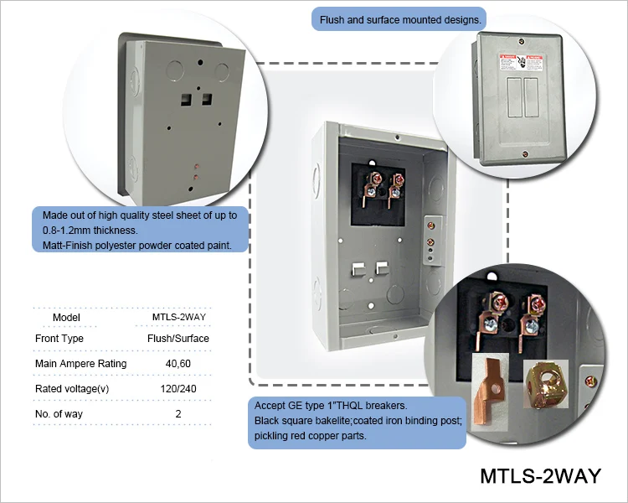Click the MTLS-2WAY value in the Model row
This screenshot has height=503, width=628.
point(178,317)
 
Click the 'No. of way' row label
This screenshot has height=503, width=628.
point(63,413)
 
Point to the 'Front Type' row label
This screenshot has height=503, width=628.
point(59,339)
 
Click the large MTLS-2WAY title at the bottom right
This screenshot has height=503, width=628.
point(540,475)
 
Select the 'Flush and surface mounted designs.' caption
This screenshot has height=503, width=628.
point(400,18)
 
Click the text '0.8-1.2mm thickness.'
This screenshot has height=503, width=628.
point(90,230)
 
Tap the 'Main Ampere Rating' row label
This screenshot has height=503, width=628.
point(81,364)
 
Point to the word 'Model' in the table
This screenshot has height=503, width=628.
point(66,317)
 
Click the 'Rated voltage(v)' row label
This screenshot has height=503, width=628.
point(72,389)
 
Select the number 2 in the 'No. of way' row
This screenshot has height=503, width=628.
point(178,413)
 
